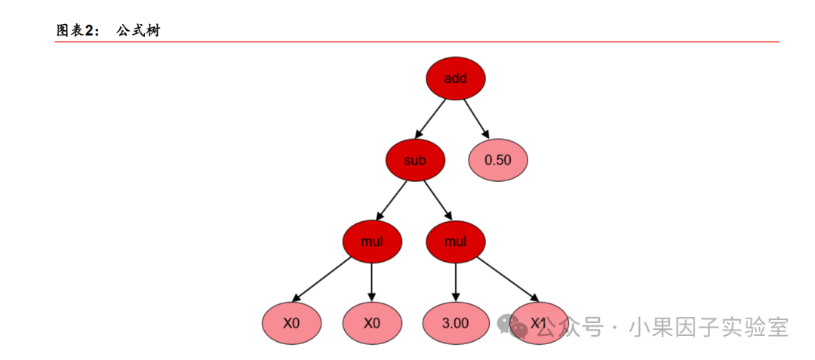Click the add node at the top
click(456, 78)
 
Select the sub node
click(415, 160)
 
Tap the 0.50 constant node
click(498, 160)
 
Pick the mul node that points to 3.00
click(456, 242)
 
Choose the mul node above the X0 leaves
click(372, 242)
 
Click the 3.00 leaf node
click(456, 323)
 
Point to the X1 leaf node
click(539, 323)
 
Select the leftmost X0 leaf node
click(291, 323)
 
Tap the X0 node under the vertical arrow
click(372, 323)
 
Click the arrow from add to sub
click(430, 118)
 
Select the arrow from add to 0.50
click(477, 118)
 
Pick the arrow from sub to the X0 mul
click(391, 201)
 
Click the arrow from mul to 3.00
click(456, 282)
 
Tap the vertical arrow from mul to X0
click(372, 282)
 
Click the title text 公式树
click(138, 31)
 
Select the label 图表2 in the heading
click(74, 31)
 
